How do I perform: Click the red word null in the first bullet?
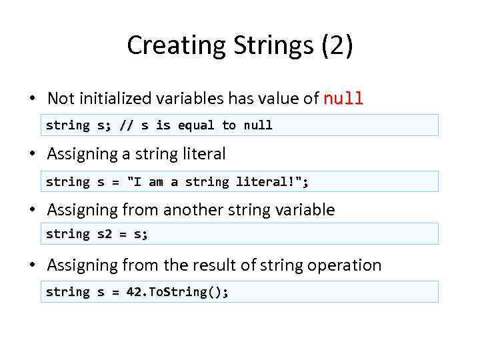(x=343, y=99)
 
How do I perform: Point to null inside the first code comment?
(x=257, y=125)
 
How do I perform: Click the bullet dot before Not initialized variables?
(x=31, y=99)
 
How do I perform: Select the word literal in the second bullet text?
(x=203, y=154)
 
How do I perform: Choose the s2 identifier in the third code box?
(x=105, y=234)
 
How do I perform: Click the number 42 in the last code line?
(x=133, y=292)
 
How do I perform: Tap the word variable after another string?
(x=303, y=210)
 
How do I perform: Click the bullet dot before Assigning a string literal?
(x=31, y=154)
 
